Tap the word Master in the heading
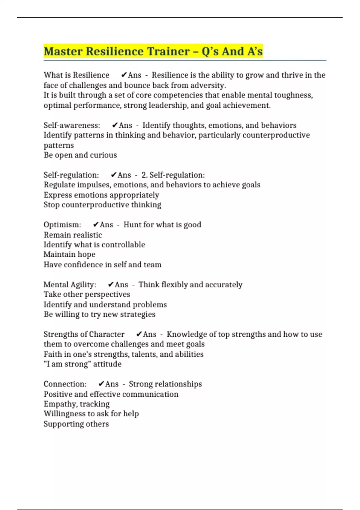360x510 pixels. [x=63, y=51]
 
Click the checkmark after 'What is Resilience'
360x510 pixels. [x=124, y=75]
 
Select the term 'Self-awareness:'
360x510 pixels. [x=72, y=125]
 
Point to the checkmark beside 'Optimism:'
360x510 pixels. [x=96, y=225]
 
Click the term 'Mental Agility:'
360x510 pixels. [x=70, y=284]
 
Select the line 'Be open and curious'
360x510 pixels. [x=80, y=155]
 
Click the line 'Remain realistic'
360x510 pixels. [x=73, y=235]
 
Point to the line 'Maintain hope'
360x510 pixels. [x=69, y=254]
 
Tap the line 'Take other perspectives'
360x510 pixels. [x=87, y=294]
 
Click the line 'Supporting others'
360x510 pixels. [x=76, y=424]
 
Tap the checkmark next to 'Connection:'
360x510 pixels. [x=101, y=384]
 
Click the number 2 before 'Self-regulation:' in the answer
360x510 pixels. [x=144, y=175]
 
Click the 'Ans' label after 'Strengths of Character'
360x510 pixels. [x=149, y=334]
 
